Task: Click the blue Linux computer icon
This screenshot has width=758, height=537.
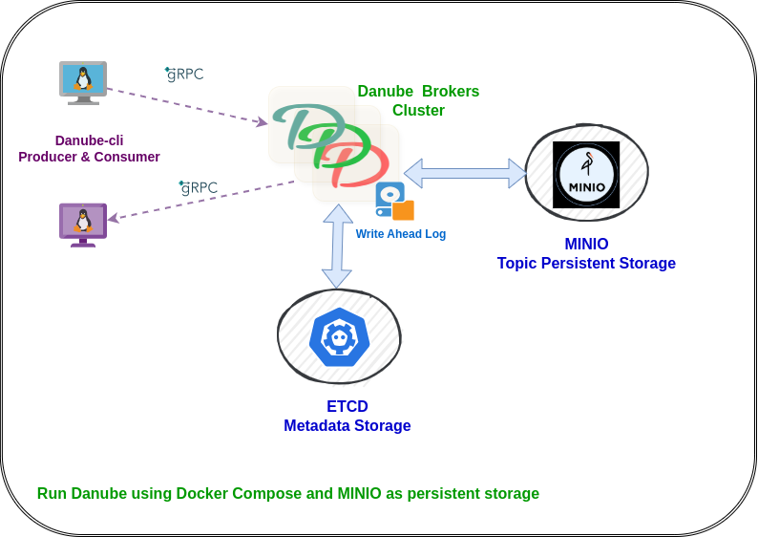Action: [x=83, y=82]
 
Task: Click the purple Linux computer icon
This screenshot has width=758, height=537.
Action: [x=83, y=224]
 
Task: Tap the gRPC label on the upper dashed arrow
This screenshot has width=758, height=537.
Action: [x=184, y=74]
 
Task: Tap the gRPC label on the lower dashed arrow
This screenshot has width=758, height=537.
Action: [x=199, y=187]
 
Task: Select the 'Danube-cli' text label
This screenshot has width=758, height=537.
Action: [x=89, y=140]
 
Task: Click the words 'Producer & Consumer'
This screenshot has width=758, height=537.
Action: [x=89, y=157]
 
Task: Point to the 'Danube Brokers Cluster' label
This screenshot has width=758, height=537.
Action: [x=418, y=100]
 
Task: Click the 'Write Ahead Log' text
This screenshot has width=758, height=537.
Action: [x=401, y=234]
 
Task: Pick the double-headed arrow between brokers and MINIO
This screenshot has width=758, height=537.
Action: [x=465, y=173]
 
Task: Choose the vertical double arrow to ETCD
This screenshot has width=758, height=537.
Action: [x=337, y=246]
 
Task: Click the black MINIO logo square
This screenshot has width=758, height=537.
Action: [x=586, y=175]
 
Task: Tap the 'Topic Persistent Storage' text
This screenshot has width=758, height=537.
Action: [x=586, y=264]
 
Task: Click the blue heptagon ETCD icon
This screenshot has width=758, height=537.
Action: [x=339, y=337]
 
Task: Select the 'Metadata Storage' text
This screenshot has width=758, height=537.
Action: [x=347, y=426]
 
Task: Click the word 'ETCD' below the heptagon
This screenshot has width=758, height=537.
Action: [x=347, y=406]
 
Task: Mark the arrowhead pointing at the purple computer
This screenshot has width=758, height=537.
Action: [x=112, y=219]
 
